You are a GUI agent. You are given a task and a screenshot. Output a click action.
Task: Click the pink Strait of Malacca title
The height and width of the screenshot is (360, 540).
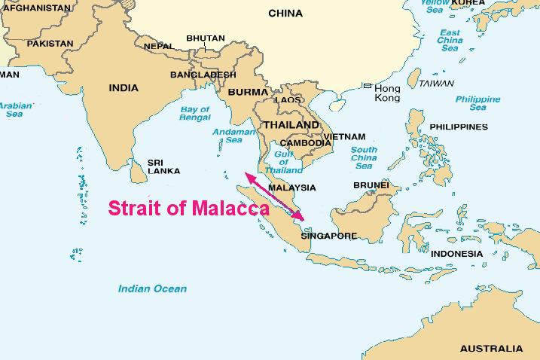pyautogui.click(x=188, y=208)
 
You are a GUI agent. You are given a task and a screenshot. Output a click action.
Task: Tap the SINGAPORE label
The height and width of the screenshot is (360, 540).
pyautogui.click(x=328, y=236)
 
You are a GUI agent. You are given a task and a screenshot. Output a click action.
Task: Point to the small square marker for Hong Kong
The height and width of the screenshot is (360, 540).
pyautogui.click(x=367, y=87)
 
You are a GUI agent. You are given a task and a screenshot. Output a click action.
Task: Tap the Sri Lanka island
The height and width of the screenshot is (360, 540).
pyautogui.click(x=137, y=172)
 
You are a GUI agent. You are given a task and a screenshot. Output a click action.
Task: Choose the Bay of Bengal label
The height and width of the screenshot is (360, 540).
pyautogui.click(x=195, y=114)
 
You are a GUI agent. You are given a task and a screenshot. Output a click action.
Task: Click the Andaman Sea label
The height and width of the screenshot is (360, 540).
pyautogui.click(x=227, y=135)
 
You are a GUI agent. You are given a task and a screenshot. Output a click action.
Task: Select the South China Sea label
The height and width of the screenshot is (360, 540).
pyautogui.click(x=364, y=157)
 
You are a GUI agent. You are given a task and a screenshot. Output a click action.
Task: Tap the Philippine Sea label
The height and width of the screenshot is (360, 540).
pyautogui.click(x=477, y=103)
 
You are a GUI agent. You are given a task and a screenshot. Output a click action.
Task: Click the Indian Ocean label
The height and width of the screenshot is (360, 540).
pyautogui.click(x=152, y=288)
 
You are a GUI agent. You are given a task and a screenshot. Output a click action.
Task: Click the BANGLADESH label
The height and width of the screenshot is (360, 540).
pyautogui.click(x=203, y=75)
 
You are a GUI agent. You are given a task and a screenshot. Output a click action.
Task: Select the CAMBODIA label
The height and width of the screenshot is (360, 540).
pyautogui.click(x=305, y=142)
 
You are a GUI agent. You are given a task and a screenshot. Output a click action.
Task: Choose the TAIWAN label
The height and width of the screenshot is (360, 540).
pyautogui.click(x=437, y=83)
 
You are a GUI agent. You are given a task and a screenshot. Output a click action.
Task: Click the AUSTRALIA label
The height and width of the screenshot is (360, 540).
pyautogui.click(x=491, y=349)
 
